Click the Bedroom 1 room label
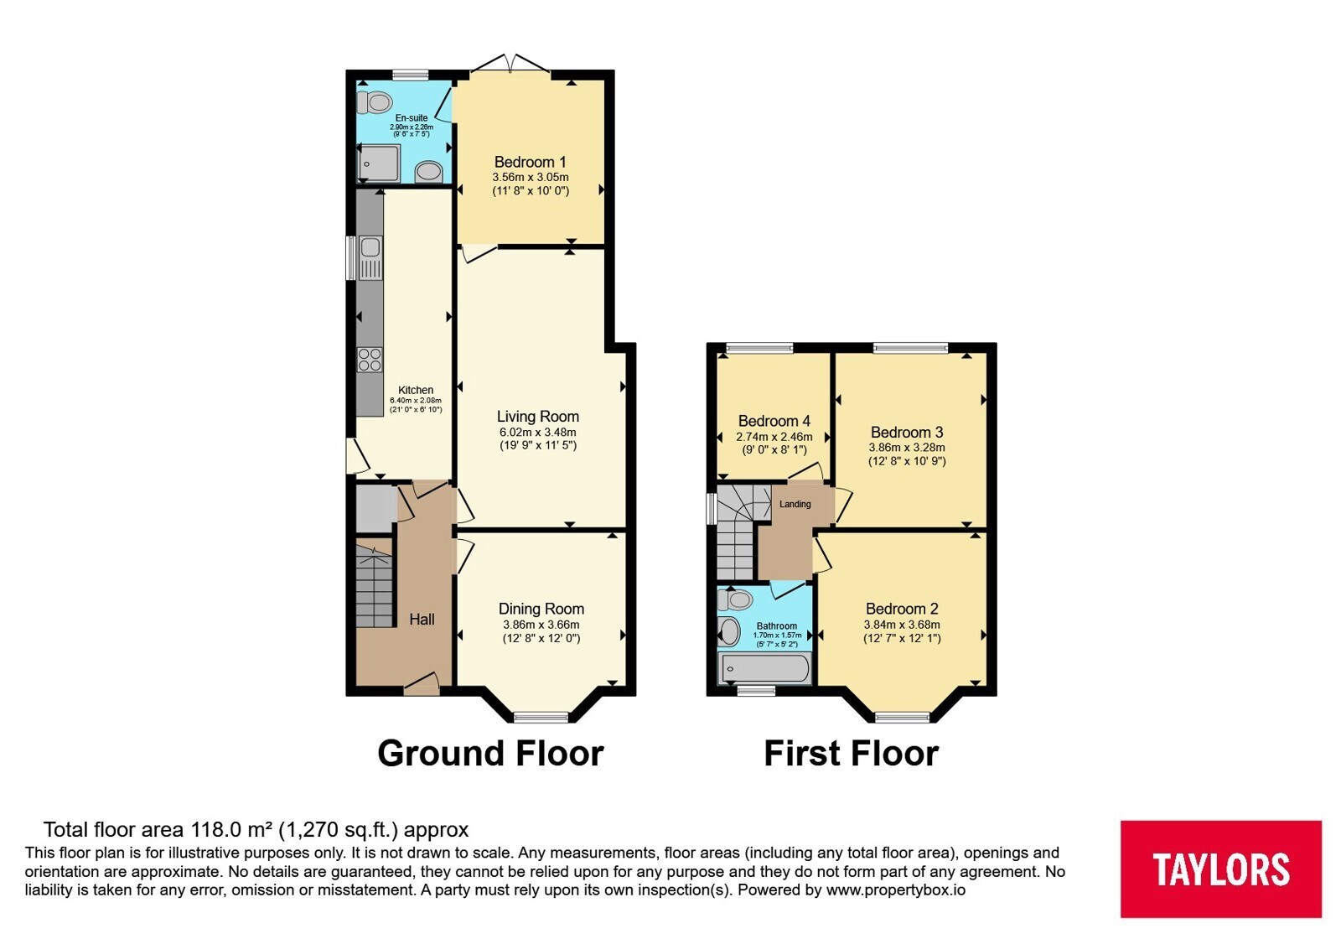[530, 162]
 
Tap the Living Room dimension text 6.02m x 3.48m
[537, 432]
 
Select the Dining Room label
[541, 609]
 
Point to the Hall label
[422, 620]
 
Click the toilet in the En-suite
[374, 102]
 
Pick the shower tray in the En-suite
[379, 163]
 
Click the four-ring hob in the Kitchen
[370, 360]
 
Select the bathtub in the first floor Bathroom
[764, 668]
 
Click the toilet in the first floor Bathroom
[735, 599]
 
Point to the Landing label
[795, 504]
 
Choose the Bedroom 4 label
[774, 421]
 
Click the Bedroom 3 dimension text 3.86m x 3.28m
[907, 448]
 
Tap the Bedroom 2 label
[902, 609]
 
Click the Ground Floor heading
[490, 754]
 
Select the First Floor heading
[852, 754]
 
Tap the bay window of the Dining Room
[541, 717]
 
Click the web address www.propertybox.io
[896, 890]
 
